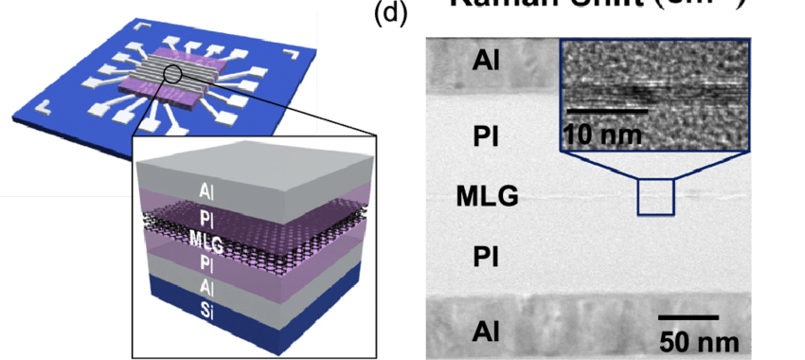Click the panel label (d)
390,16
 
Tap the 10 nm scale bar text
602,135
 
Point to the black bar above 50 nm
689,317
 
